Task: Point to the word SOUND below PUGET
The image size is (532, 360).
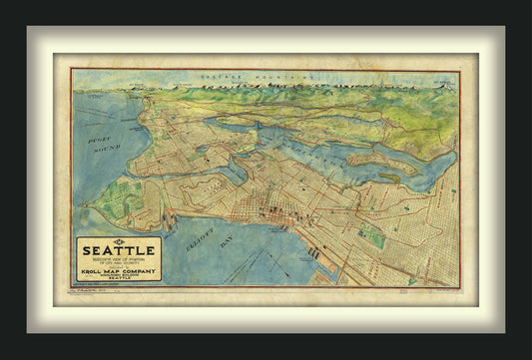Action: point(107,147)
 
